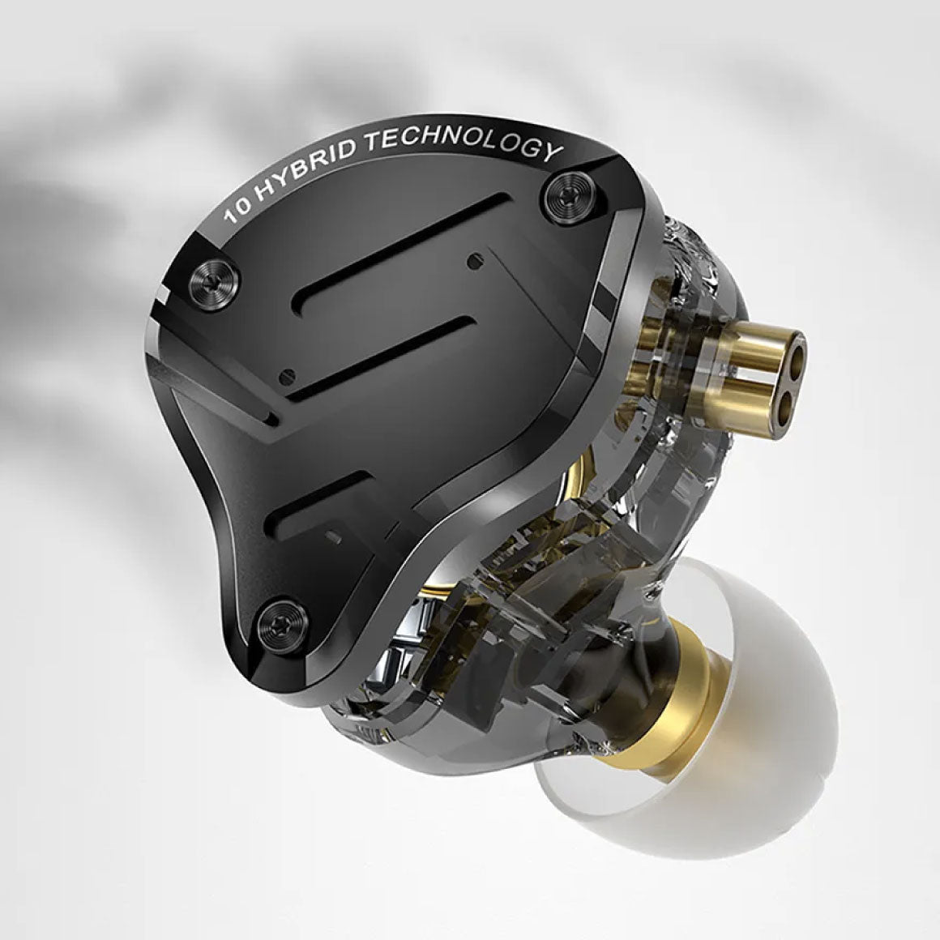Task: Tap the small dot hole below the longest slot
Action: (473, 260)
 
